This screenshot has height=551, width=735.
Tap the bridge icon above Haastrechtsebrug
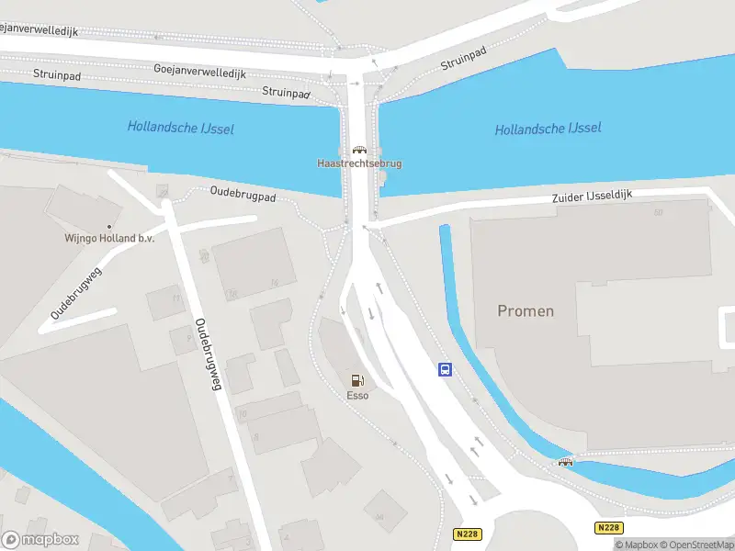coord(359,150)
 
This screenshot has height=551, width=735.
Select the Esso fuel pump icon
coord(356,380)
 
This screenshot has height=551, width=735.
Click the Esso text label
coord(357,396)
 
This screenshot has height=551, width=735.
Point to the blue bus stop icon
coord(445,370)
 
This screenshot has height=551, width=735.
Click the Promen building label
coord(526,310)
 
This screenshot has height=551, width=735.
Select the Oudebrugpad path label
coord(243,195)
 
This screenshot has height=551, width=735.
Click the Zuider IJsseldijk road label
coord(593,197)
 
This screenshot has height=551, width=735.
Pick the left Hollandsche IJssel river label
coord(180,128)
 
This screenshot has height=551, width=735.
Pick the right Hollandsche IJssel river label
coord(548,129)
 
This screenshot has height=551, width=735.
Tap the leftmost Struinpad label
coord(56,74)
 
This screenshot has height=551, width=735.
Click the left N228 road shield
coord(468,534)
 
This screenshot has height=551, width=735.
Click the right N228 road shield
coord(607,528)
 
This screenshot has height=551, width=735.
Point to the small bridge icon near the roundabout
coord(565,461)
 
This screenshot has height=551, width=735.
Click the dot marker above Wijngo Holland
coord(109,226)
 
